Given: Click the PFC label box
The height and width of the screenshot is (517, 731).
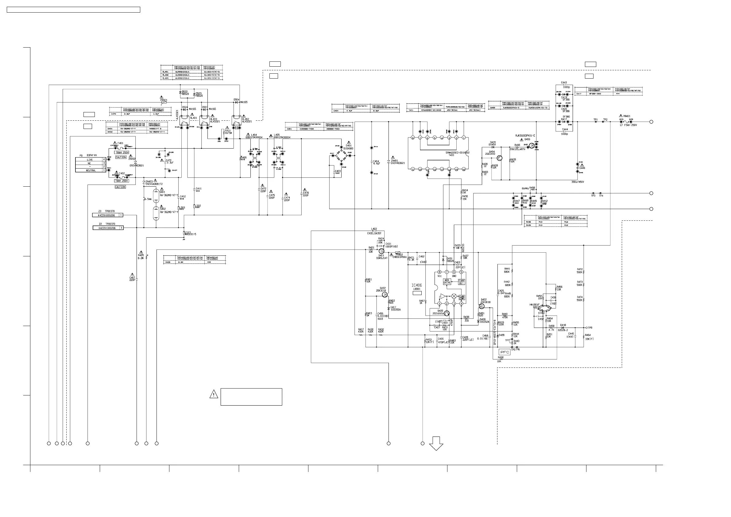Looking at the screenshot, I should [505, 352].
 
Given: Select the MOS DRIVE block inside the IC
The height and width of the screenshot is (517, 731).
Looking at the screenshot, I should [447, 282].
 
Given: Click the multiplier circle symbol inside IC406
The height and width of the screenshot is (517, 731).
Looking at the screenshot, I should [454, 296].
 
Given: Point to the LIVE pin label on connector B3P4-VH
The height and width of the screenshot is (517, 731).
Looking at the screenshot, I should [90, 160].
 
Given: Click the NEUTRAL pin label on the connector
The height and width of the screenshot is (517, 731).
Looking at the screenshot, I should [91, 170].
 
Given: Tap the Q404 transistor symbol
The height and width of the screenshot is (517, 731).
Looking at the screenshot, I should [499, 158].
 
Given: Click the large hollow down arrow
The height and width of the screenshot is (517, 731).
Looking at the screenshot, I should [436, 443].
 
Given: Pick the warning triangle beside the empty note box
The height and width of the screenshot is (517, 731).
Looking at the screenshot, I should [214, 395].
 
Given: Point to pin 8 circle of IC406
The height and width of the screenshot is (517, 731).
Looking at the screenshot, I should [440, 272].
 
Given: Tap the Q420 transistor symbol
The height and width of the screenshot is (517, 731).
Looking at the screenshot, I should [447, 313].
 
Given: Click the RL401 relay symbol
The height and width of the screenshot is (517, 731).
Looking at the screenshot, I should [184, 121].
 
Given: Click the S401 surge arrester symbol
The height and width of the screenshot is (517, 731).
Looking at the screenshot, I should [156, 196].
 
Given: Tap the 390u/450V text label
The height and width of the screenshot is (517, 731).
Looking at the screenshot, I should [578, 182].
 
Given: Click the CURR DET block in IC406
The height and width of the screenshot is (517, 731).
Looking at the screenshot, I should [461, 282].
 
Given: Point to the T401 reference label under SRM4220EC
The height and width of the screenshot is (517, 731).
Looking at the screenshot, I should [451, 155].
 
